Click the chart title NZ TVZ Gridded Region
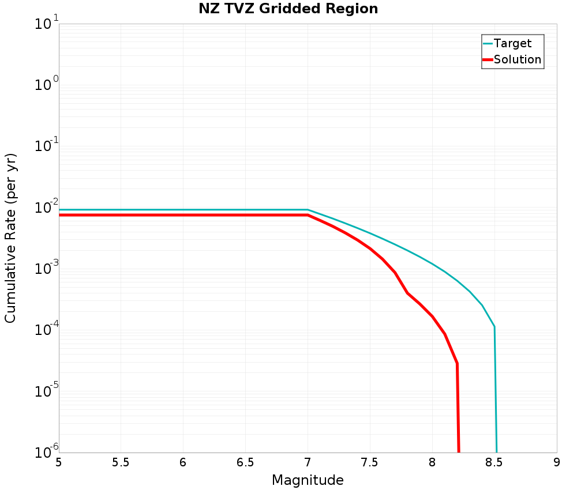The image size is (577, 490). click(x=288, y=9)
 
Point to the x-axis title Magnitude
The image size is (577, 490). click(x=308, y=480)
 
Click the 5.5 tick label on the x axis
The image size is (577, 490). click(x=121, y=462)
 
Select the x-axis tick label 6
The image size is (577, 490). click(x=183, y=462)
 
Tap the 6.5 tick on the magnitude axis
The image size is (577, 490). click(x=245, y=462)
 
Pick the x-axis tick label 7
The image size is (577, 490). click(x=308, y=462)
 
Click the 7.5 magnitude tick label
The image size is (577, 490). click(x=370, y=462)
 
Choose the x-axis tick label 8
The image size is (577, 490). click(x=432, y=462)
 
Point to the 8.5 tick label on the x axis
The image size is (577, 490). click(x=494, y=462)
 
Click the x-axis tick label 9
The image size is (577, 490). click(x=557, y=462)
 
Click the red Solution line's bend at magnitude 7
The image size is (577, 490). click(x=308, y=215)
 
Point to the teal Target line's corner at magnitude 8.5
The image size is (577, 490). click(x=494, y=327)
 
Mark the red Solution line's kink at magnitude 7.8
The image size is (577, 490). click(x=407, y=293)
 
